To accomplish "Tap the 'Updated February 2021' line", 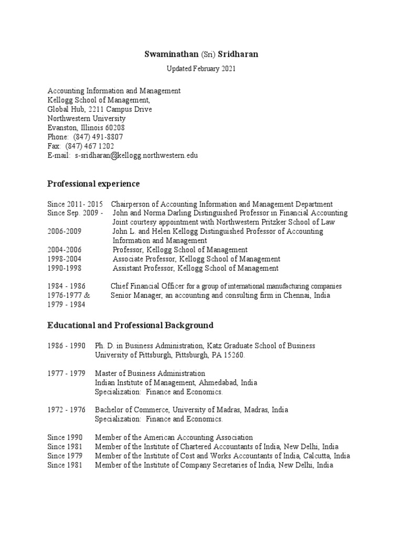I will click(x=201, y=69).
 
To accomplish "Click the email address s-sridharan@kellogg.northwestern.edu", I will click(x=136, y=156).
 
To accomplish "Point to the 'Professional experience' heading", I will click(x=93, y=184).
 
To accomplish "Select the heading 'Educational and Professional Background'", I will click(x=130, y=325).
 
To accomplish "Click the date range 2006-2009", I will click(x=65, y=231).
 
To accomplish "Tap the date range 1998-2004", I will click(x=65, y=259).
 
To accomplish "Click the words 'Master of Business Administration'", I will click(x=150, y=373).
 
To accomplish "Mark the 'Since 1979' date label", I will click(x=65, y=456).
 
